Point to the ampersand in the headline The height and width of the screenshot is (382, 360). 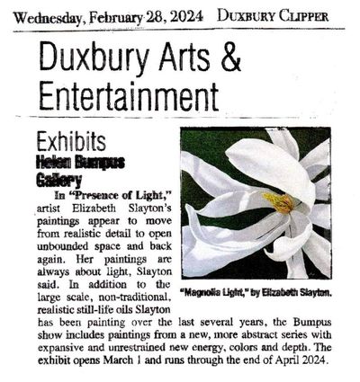click(231, 62)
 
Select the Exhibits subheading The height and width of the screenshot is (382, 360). click(72, 141)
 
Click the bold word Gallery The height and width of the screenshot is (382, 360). click(59, 180)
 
